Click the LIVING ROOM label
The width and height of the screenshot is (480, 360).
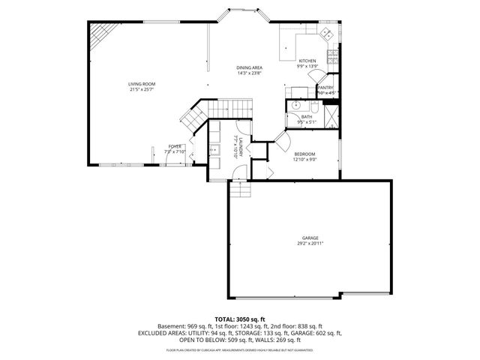141,84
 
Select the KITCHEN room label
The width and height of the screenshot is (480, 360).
307,61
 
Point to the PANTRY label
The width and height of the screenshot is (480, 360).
325,87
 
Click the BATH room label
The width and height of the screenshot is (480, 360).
307,116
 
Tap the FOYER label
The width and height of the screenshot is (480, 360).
175,146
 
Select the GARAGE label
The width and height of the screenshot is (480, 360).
310,238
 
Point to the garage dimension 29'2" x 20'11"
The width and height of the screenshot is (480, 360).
310,244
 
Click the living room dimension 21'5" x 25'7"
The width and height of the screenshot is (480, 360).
141,90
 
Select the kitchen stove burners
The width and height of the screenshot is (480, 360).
327,34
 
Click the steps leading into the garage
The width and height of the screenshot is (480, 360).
239,192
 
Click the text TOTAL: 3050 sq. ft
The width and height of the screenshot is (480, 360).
239,319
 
